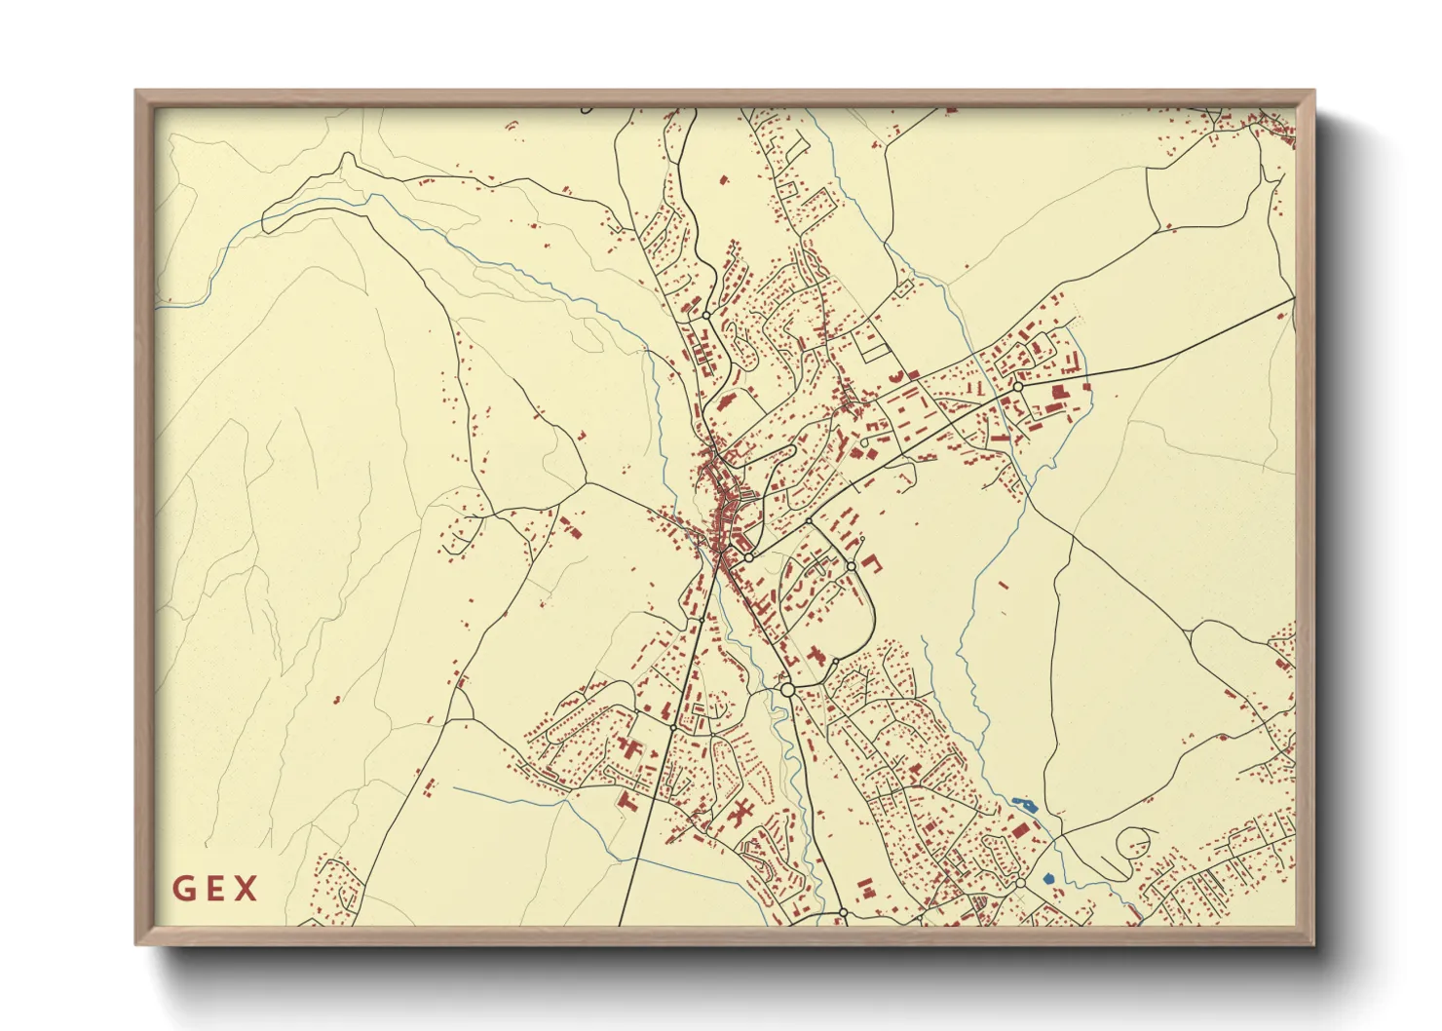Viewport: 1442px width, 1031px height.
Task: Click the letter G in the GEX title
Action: [182, 889]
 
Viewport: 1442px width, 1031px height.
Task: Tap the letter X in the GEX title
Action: [247, 889]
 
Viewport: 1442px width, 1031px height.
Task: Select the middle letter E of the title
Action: [215, 889]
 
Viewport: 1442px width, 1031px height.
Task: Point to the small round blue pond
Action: [1048, 879]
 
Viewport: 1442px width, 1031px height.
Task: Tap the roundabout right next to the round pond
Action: [1019, 882]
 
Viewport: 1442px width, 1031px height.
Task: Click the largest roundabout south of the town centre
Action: [787, 689]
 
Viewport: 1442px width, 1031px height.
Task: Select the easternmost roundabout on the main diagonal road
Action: [1017, 387]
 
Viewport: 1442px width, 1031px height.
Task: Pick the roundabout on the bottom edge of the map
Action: [843, 913]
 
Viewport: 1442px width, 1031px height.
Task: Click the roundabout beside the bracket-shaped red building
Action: [851, 566]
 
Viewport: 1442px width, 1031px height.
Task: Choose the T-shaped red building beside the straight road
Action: [626, 801]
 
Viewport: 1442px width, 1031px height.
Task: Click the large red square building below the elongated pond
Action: [1020, 829]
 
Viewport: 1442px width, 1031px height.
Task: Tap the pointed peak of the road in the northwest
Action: [346, 155]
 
